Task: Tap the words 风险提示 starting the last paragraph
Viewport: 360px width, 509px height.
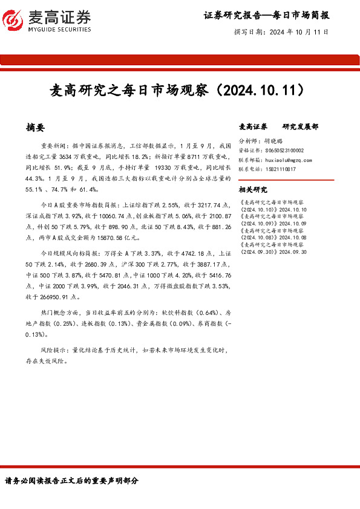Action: click(53, 350)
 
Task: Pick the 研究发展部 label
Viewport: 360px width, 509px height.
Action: click(300, 127)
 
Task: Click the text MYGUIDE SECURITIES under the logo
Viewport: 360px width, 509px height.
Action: click(60, 29)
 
